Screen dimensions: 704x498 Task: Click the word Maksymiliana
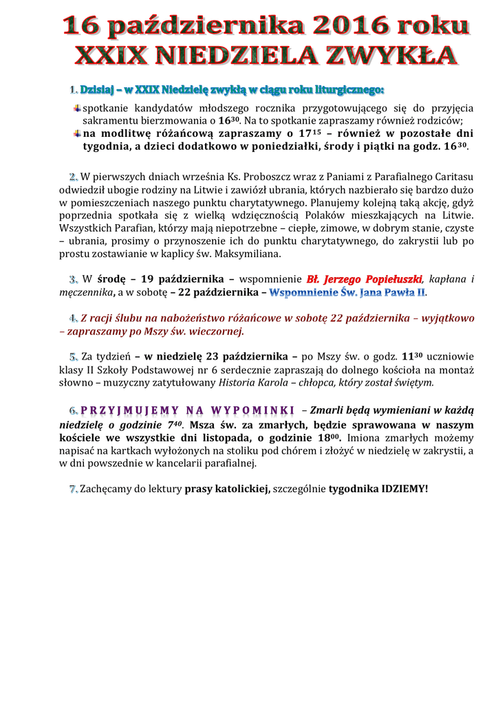[247, 254]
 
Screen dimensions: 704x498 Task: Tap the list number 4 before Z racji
[74, 318]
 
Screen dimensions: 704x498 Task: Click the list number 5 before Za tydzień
[74, 357]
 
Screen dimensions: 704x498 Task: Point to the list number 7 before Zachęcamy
[74, 489]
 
